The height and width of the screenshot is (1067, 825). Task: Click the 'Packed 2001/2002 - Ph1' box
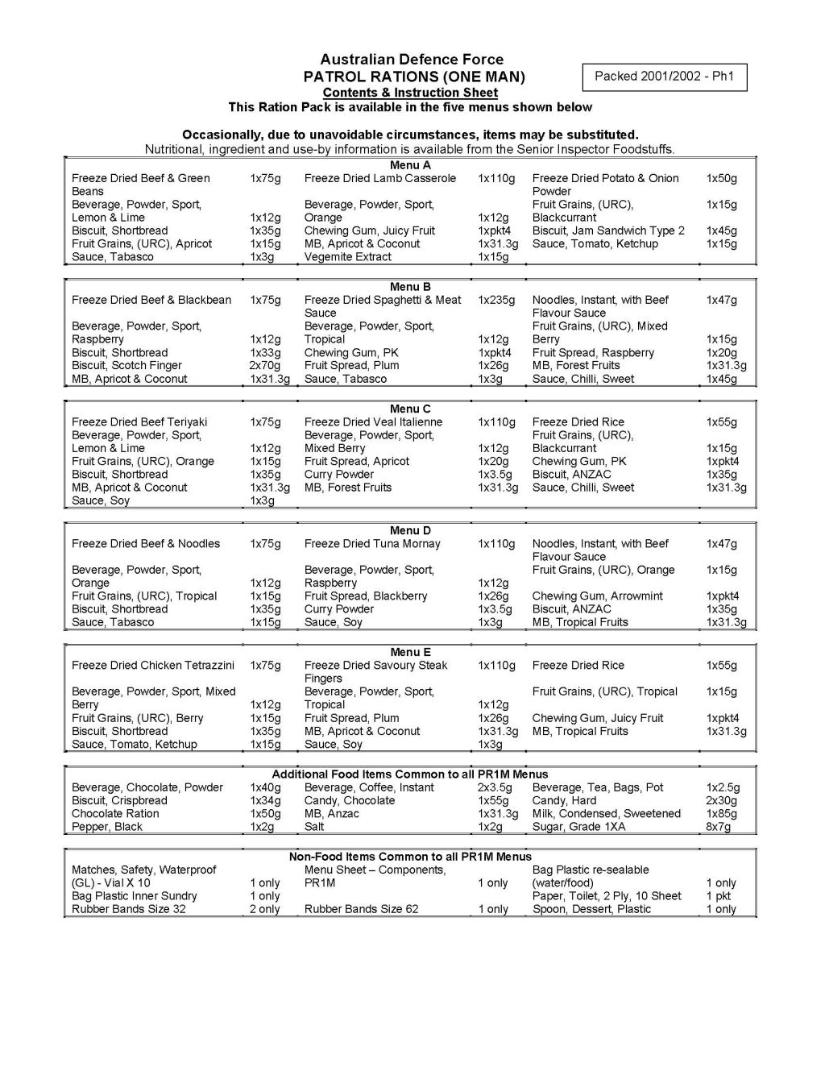click(x=665, y=77)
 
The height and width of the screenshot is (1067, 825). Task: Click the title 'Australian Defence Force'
click(x=412, y=60)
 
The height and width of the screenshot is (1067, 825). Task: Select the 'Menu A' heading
click(x=410, y=165)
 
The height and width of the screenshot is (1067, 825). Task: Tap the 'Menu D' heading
click(x=410, y=530)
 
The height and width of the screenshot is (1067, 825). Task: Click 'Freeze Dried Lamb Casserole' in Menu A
click(x=380, y=178)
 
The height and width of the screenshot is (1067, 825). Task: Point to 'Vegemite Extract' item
click(x=348, y=257)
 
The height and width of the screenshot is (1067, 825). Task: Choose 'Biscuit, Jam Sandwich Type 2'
click(x=608, y=230)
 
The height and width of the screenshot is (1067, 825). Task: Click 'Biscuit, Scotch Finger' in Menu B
click(x=126, y=365)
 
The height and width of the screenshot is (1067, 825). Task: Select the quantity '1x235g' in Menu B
click(x=496, y=300)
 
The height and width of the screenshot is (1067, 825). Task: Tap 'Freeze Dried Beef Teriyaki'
click(x=139, y=421)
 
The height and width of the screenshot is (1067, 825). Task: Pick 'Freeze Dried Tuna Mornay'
click(x=372, y=543)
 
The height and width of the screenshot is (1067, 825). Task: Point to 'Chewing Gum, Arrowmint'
click(x=598, y=596)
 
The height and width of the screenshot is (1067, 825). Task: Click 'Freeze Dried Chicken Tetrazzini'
click(x=153, y=665)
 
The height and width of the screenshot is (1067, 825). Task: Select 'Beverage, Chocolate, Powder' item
click(x=147, y=787)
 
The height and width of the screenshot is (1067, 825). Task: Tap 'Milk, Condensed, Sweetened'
click(x=607, y=813)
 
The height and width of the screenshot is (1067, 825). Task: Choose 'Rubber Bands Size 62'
click(x=362, y=909)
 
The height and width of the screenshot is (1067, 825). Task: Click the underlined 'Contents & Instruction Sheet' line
click(x=412, y=93)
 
